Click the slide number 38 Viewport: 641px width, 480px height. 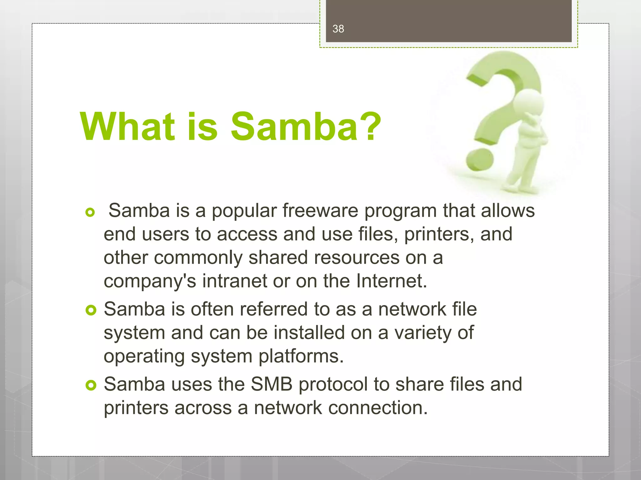pos(338,29)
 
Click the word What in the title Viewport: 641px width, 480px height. pos(127,127)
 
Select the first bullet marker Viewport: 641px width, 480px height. pos(90,212)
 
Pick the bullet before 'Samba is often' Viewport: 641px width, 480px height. pos(91,310)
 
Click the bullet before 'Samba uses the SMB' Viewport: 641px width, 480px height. pos(91,385)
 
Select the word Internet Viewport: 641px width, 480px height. pos(392,281)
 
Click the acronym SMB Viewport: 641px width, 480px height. pos(272,384)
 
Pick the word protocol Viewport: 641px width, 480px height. pos(333,385)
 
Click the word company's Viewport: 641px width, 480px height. pos(150,282)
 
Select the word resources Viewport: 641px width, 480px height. pos(357,257)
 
